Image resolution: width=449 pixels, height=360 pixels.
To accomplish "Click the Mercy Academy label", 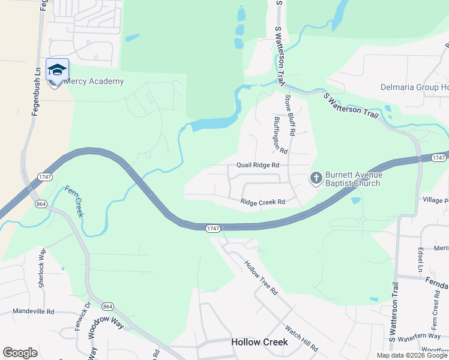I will pos(94,82).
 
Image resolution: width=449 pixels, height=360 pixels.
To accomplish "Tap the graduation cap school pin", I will pos(57,70).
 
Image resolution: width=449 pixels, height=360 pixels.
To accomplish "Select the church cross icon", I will pos(316,178).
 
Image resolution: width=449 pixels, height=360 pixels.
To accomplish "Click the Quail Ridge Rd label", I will pos(258,165).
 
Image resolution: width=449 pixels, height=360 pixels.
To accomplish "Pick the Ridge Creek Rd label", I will pos(262,202).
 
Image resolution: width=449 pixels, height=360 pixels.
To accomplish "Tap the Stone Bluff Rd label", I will pos(291,114).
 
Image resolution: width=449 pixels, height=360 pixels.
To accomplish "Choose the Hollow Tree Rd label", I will pos(261,277).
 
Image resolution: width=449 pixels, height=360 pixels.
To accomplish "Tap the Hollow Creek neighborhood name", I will pos(259,342).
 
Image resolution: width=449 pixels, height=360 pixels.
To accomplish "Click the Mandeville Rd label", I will pos(34,312).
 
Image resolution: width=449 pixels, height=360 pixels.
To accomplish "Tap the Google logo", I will pos(20,353).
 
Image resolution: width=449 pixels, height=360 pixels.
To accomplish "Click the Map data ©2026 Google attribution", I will pos(412,355).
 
